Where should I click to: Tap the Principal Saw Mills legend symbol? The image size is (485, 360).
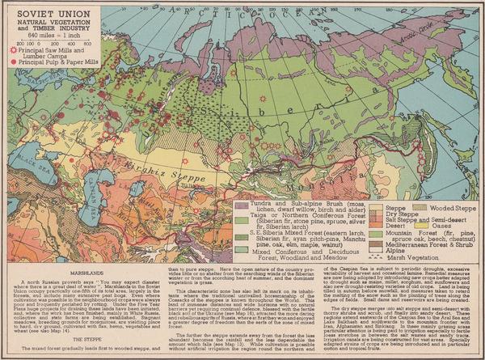pyautogui.click(x=11, y=49)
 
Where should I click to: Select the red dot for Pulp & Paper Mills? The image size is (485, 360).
pyautogui.click(x=11, y=57)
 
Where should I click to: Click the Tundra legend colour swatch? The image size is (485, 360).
pyautogui.click(x=239, y=198)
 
